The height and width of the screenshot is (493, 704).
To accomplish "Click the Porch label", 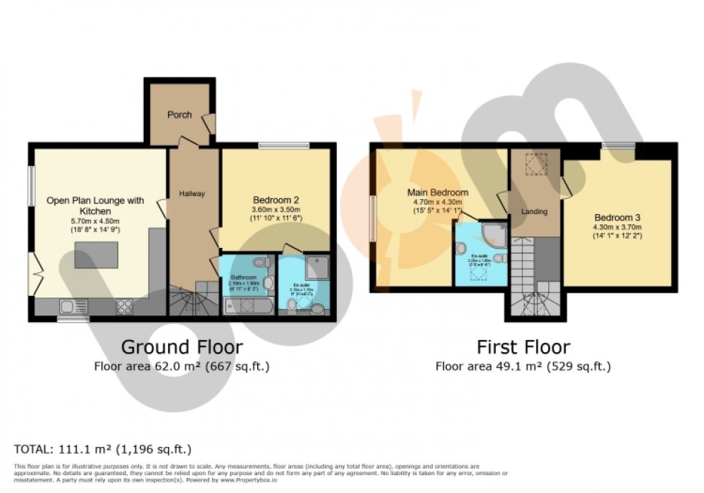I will click(179, 115).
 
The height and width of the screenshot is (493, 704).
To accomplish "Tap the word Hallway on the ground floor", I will click(192, 193).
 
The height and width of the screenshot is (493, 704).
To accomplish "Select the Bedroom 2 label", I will click(275, 200).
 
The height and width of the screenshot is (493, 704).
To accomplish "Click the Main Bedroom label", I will click(437, 193).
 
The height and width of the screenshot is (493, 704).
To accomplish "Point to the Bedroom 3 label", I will click(617, 218).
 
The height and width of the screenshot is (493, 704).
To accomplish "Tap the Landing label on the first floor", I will click(534, 211).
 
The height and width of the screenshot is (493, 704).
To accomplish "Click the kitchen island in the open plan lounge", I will click(96, 255).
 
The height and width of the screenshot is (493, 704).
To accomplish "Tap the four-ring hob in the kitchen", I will click(124, 306).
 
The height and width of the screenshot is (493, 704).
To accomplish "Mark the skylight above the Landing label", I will click(534, 165).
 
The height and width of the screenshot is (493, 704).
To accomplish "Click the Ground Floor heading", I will click(182, 348).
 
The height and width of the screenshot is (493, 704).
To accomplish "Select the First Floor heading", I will click(523, 348).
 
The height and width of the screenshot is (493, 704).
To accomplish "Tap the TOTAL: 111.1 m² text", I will click(103, 450).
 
